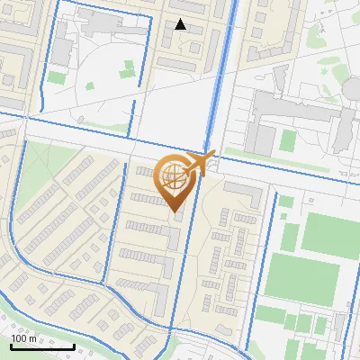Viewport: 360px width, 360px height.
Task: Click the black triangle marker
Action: [x=180, y=25]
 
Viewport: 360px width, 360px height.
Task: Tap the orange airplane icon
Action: [x=199, y=163]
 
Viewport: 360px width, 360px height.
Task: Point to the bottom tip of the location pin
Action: [x=174, y=210]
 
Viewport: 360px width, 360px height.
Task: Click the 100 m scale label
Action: [x=22, y=338]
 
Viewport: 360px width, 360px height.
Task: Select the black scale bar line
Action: [x=42, y=346]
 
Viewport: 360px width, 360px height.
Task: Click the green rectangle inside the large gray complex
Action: [x=288, y=140]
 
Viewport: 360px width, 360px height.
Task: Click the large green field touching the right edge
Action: [x=329, y=231]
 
